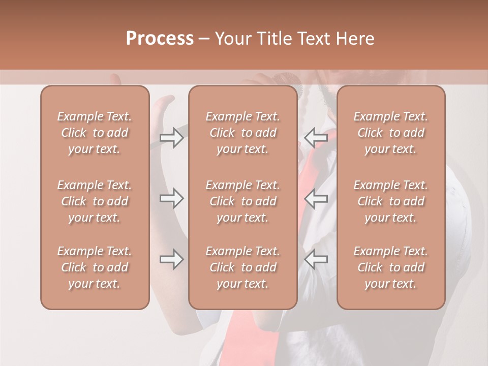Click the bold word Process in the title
160,39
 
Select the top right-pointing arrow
171,138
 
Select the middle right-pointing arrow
171,198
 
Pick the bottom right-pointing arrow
171,260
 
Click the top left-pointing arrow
316,138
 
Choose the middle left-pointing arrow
316,198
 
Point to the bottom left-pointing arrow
316,260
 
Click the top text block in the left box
95,133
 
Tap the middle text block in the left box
95,201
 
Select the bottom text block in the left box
95,267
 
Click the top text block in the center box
242,133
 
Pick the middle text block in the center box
242,201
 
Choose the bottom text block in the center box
242,267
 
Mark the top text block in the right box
390,133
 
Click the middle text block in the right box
390,201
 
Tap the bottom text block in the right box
390,267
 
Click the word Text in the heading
314,39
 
